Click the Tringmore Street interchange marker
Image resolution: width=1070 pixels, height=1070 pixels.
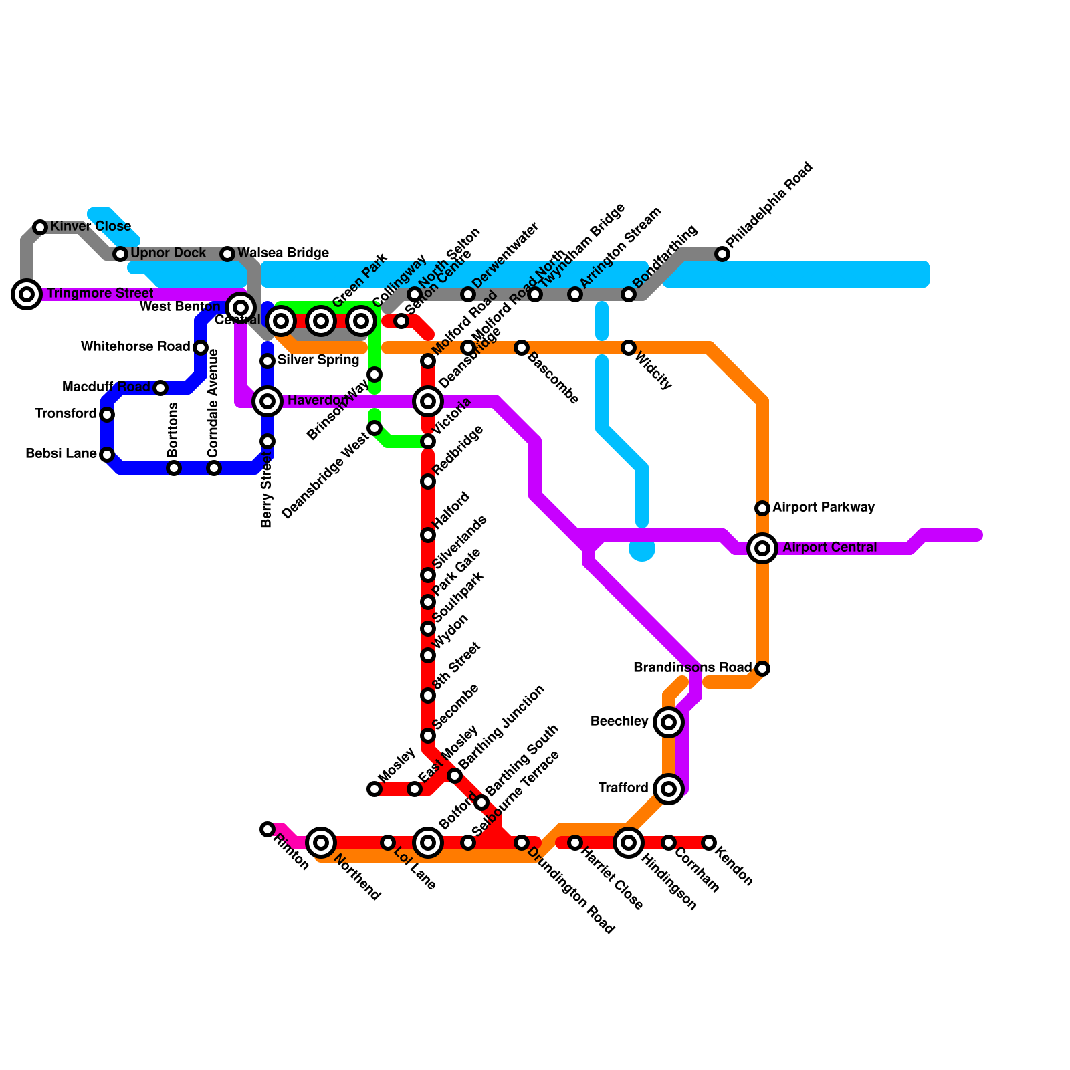coord(27,294)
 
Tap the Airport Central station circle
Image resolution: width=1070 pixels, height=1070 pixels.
coord(762,548)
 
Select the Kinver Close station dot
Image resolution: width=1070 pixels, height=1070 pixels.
coord(40,227)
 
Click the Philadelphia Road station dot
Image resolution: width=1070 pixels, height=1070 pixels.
coord(722,254)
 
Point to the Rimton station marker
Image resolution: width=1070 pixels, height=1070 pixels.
coord(267,829)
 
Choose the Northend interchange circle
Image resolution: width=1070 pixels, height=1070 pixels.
coord(321,843)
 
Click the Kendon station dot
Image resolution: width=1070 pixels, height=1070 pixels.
coord(709,843)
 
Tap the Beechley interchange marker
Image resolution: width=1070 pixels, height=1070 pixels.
coord(669,722)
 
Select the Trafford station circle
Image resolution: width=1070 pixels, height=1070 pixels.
coord(669,789)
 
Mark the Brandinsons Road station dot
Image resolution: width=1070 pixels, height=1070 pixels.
coord(762,669)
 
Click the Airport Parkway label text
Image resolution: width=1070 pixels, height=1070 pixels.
coord(823,508)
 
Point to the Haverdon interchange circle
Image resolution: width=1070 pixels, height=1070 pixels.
coord(267,401)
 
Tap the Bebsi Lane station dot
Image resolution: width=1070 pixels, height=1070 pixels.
coord(107,455)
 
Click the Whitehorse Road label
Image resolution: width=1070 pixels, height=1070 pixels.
coord(135,347)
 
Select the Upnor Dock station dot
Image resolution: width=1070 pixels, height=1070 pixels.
coord(120,254)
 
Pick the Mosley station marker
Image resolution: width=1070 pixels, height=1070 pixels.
coord(374,789)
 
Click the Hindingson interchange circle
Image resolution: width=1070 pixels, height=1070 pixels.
coord(629,843)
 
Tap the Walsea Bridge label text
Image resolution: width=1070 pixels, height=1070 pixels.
coord(283,253)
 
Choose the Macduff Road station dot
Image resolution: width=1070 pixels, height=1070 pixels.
coord(160,388)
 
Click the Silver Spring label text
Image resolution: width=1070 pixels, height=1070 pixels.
coord(318,360)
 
